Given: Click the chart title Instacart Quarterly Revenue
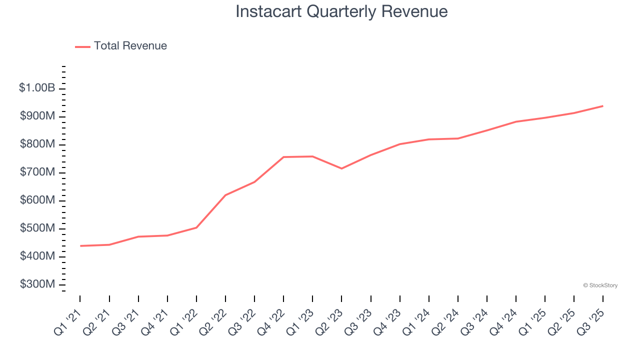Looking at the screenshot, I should (x=341, y=11).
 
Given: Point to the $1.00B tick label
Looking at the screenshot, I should (x=37, y=88).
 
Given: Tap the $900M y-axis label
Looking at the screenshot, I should (x=37, y=116).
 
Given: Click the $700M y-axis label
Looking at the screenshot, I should (x=37, y=172).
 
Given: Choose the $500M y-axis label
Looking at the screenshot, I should (x=37, y=228).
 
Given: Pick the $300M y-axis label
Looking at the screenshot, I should (x=37, y=284).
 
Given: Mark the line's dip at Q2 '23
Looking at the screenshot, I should (x=341, y=168).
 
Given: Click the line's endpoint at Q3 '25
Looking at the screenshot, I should (x=602, y=106).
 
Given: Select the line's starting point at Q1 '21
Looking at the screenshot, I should (x=80, y=246).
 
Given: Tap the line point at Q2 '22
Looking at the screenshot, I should (x=225, y=195).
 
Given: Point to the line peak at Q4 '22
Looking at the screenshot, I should (x=283, y=157).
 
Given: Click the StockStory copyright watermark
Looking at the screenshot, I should (x=600, y=285).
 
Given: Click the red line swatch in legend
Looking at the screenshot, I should (x=82, y=46).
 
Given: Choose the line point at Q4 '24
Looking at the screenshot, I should (x=515, y=121).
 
